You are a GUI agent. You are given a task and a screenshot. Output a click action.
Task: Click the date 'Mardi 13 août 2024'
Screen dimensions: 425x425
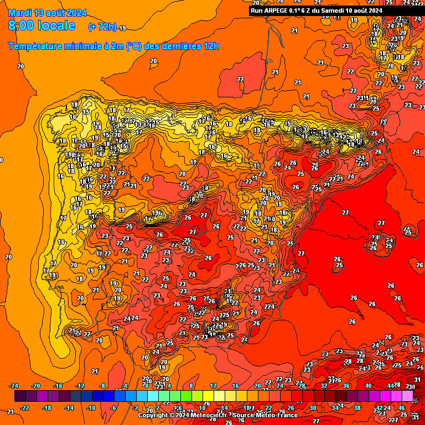(48, 12)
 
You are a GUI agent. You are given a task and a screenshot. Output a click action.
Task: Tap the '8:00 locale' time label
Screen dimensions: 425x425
(42, 26)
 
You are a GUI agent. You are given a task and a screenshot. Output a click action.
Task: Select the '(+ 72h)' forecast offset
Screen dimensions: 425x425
(102, 27)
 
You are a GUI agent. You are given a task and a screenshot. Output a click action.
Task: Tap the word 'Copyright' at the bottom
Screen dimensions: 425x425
(153, 415)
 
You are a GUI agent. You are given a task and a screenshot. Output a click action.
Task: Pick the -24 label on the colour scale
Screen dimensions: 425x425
(14, 386)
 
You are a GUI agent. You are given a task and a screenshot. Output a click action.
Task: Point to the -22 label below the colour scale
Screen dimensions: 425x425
(25, 408)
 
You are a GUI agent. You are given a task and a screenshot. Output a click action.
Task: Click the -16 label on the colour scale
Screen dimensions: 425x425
(58, 386)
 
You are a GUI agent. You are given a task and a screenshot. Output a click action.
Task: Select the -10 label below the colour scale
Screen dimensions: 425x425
(91, 408)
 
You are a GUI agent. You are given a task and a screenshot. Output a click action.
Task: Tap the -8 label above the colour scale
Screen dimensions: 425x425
(102, 386)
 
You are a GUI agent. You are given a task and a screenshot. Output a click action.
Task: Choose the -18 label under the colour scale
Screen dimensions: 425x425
(48, 408)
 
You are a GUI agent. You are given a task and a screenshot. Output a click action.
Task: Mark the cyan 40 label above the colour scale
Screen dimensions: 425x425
(368, 386)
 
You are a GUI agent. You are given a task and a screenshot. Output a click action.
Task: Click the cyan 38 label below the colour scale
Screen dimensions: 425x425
(357, 408)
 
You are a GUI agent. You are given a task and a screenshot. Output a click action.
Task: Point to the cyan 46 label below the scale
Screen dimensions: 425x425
(401, 408)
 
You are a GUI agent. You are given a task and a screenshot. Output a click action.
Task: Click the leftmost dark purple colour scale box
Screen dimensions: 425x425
(20, 396)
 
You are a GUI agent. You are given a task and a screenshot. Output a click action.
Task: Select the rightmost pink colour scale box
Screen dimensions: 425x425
(407, 396)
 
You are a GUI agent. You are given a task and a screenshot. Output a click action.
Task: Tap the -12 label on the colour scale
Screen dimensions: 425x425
(80, 386)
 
